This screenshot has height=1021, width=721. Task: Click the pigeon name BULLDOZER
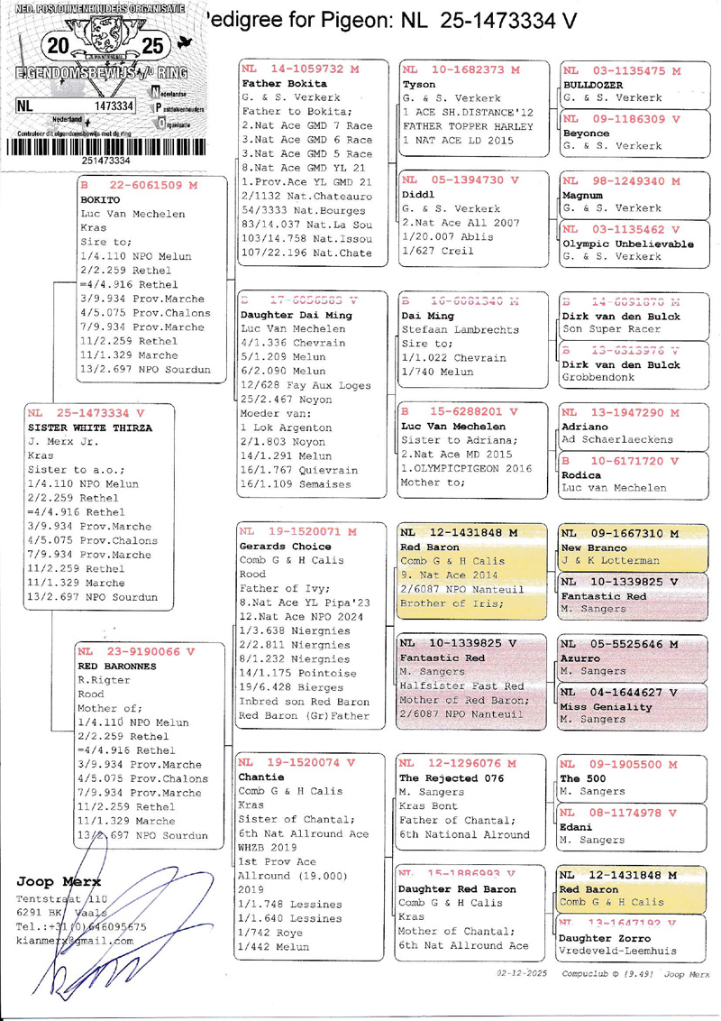coord(595,84)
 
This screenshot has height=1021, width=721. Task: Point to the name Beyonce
coord(588,132)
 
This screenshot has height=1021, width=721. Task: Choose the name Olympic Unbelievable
coord(627,244)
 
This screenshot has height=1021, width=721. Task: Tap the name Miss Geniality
coord(606,706)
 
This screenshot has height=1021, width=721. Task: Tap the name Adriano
coord(586,427)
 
